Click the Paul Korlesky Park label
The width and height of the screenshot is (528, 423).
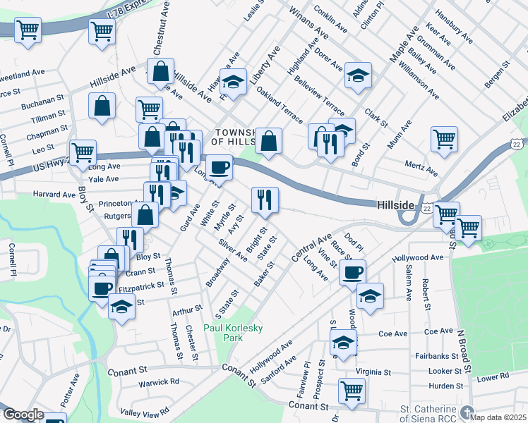click(x=224, y=333)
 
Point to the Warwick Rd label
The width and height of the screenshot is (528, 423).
click(x=159, y=382)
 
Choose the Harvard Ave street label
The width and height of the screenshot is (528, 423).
click(x=54, y=195)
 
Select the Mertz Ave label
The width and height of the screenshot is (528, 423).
click(x=422, y=172)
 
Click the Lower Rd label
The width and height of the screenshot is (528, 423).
click(x=492, y=378)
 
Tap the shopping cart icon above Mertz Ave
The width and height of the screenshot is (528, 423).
click(x=444, y=138)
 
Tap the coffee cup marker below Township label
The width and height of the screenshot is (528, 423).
click(x=220, y=167)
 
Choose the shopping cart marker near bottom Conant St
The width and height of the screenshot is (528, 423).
click(x=352, y=391)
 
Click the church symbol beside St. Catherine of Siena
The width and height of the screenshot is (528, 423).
click(x=466, y=412)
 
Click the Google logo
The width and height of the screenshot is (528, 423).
click(x=23, y=415)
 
